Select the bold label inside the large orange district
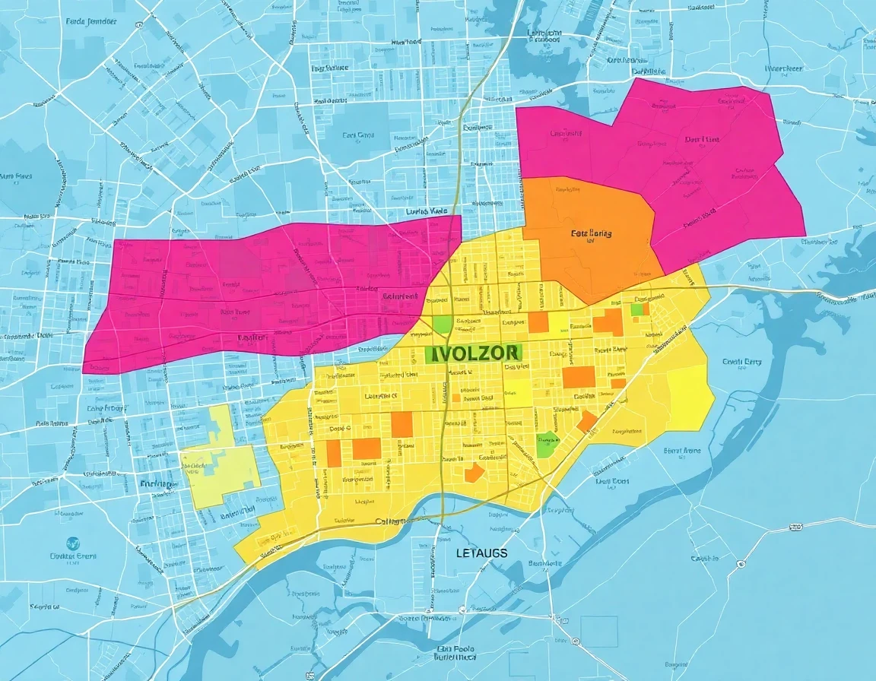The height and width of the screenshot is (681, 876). point(591,234)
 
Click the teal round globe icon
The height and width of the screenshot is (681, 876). point(73,543)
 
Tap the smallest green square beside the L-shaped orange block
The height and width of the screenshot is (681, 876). point(636,309)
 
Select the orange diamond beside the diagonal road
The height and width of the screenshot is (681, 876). point(587,422)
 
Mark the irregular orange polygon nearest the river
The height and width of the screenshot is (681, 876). point(473,473)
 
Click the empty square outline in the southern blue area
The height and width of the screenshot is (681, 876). point(599,632)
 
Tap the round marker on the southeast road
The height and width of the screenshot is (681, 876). point(740,565)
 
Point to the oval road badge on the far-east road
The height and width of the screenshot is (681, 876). point(795,526)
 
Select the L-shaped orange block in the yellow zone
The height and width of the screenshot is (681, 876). point(608,321)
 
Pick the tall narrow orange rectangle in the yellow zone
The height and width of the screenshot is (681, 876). point(333,452)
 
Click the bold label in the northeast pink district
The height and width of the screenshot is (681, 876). point(701,140)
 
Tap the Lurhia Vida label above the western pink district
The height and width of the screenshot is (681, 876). point(427,211)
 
